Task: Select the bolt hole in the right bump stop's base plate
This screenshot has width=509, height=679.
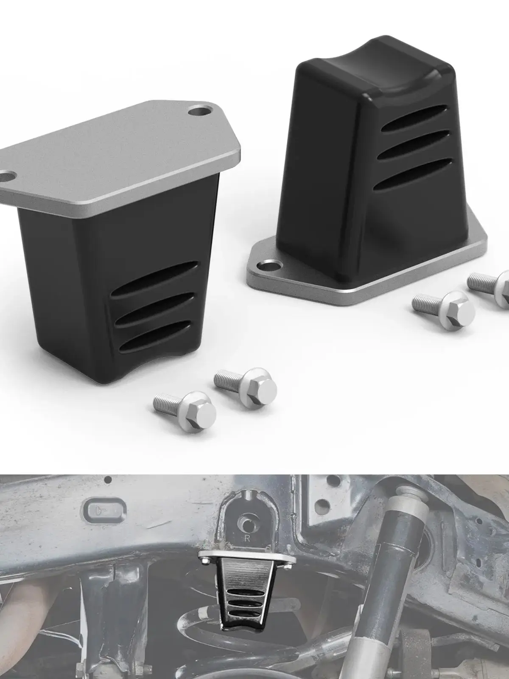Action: pos(271,267)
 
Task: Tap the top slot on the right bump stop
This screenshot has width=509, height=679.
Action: pos(416,118)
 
